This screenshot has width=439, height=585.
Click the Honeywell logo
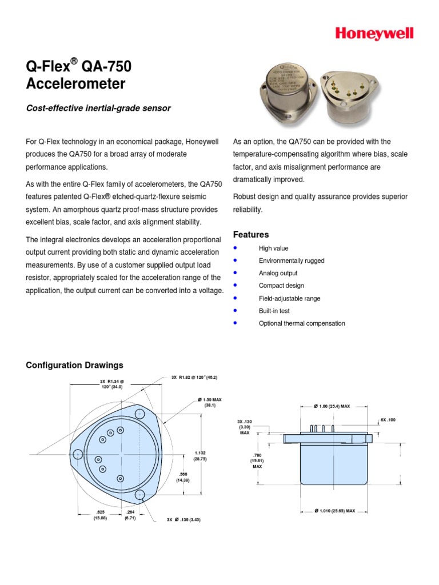pos(382,34)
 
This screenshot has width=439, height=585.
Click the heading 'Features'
pos(251,235)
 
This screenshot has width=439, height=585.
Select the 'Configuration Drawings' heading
pos(74,365)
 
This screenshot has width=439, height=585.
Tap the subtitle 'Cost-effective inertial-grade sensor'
pos(98,108)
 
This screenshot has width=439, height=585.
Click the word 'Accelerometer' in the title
pos(75,84)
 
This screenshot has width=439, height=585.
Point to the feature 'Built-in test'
pos(274,311)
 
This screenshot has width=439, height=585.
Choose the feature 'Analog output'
pos(278,273)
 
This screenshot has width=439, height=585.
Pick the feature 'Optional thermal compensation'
pos(302,323)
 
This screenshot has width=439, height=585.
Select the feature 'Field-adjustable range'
pos(289,298)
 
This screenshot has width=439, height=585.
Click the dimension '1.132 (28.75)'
pos(199,456)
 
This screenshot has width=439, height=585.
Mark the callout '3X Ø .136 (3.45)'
pos(183,520)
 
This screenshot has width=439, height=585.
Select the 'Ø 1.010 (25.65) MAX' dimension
pos(335,511)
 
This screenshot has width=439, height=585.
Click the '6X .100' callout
pos(388,420)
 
